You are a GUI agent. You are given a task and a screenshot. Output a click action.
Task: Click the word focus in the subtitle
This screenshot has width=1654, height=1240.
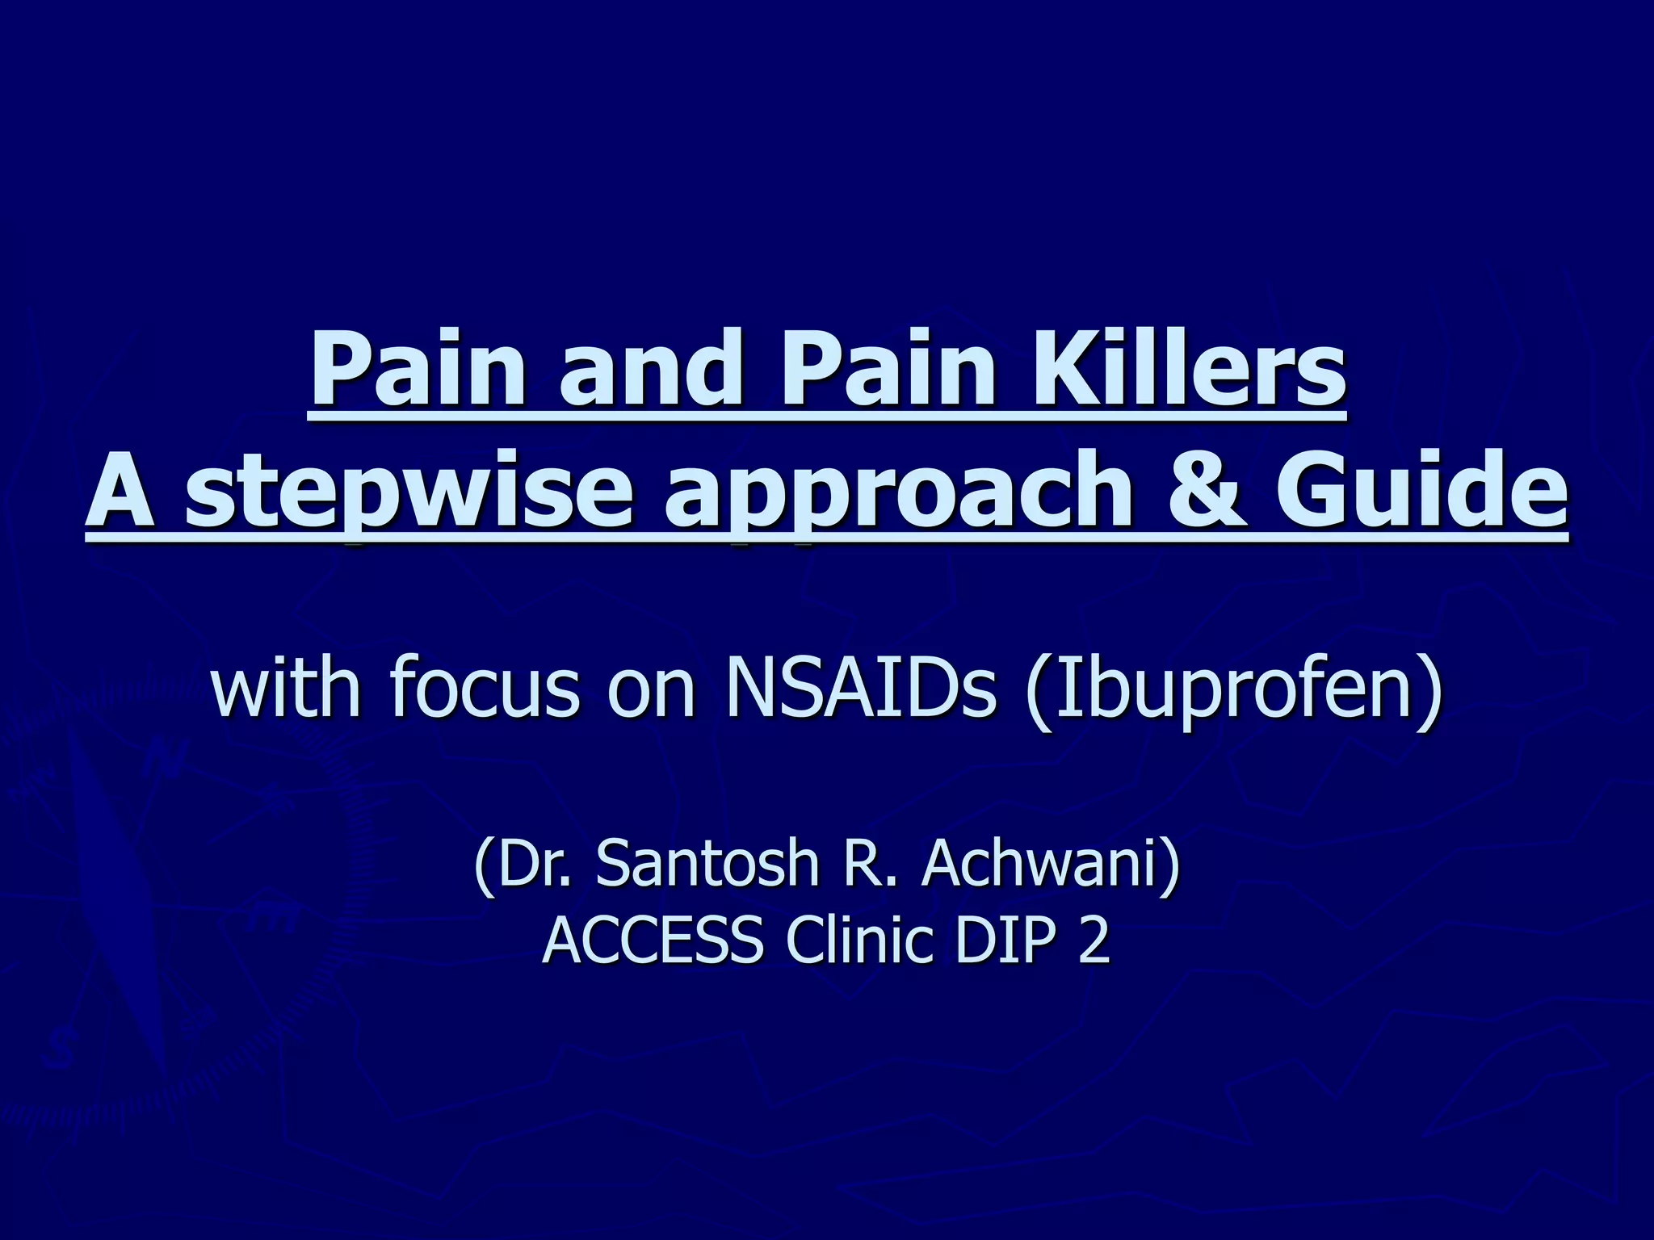pyautogui.click(x=485, y=686)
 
